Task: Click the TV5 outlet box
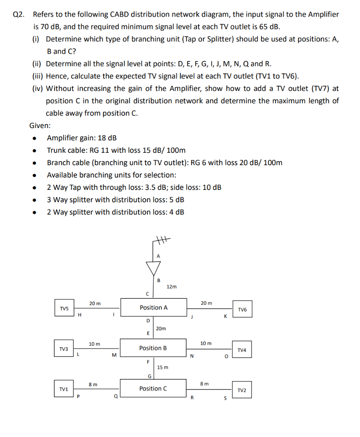64,308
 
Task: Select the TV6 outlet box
242,310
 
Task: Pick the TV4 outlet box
242,350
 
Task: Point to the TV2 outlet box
242,390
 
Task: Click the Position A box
153,307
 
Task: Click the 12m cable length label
172,287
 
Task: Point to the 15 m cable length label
163,367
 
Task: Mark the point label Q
115,398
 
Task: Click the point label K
225,317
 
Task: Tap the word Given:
40,125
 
